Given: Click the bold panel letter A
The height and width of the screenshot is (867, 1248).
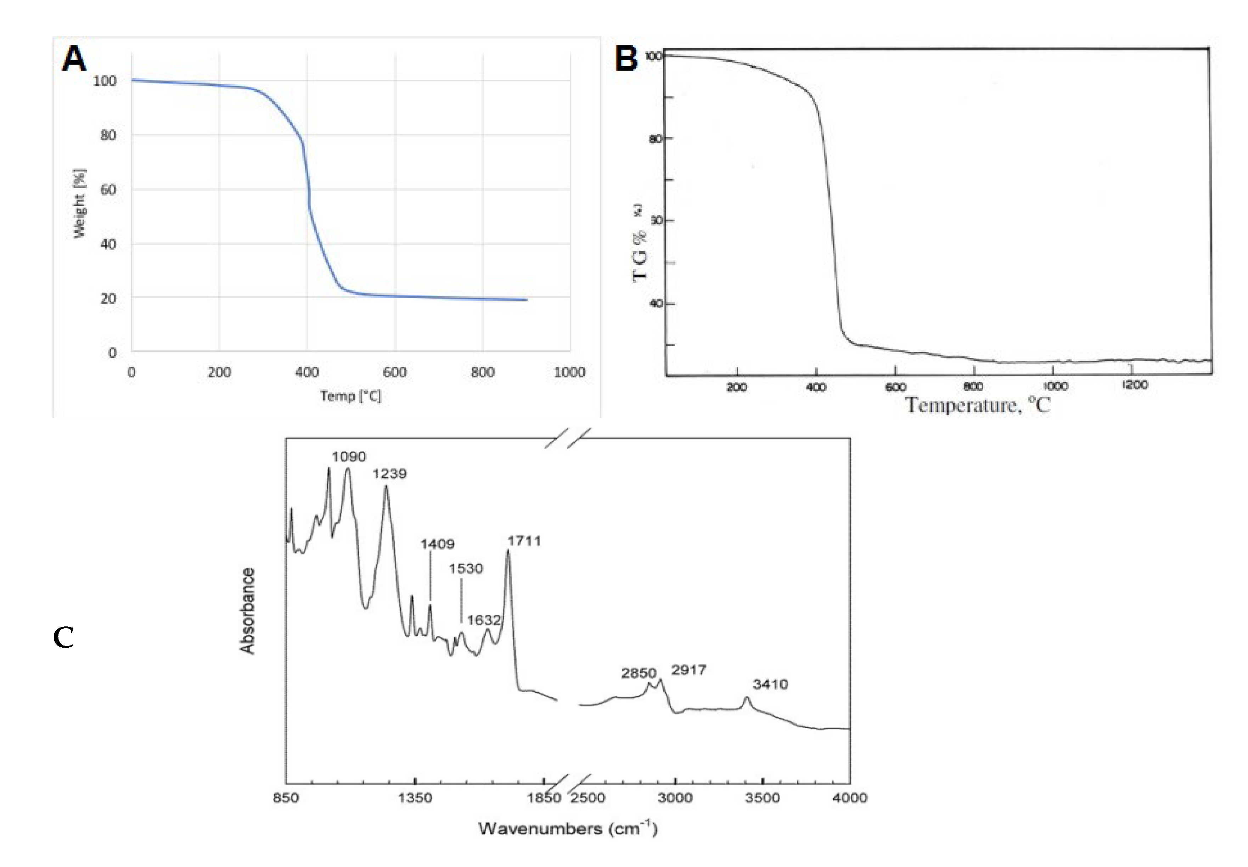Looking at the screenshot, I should (74, 59).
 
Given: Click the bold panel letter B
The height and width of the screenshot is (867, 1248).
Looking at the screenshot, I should (626, 59).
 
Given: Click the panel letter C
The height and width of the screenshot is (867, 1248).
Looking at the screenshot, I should (63, 638).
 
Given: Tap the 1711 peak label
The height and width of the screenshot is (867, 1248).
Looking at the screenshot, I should (524, 541).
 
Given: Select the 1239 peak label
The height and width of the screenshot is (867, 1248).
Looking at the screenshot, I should (389, 474).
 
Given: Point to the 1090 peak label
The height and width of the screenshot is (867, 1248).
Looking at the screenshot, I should (349, 457).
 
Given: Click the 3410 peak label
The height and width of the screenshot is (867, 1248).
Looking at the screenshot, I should (770, 685).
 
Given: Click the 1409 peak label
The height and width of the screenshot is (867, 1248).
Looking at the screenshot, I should (437, 544).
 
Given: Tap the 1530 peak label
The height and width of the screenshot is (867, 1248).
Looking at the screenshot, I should (466, 569).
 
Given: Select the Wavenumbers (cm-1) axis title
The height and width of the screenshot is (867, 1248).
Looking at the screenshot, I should (568, 829).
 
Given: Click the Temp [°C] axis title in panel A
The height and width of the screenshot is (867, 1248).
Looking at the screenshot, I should (350, 396).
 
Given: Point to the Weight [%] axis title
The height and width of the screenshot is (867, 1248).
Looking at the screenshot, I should (79, 203).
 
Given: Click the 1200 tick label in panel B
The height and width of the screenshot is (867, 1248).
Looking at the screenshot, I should (1135, 385).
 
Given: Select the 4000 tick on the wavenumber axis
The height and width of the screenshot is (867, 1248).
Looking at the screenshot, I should (850, 798).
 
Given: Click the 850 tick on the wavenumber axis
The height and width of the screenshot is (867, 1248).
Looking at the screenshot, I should (286, 798).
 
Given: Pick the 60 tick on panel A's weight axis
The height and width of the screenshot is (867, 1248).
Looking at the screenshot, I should (108, 190).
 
